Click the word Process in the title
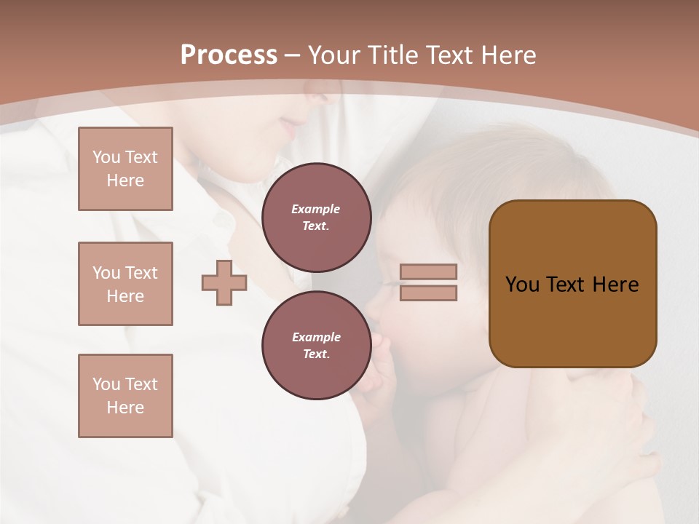(229, 55)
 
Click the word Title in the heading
(392, 55)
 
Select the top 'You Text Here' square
(125, 169)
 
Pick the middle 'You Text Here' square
(125, 284)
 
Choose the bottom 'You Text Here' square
(125, 396)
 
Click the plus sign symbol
(224, 283)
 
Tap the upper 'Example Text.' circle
(316, 217)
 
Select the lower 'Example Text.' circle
(316, 345)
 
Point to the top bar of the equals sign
(429, 271)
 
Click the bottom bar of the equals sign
(429, 293)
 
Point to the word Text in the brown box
(565, 285)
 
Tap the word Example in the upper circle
(316, 209)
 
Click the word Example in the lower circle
(316, 337)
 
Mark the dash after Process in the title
(292, 55)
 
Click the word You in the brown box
(522, 285)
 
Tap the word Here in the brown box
(615, 285)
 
